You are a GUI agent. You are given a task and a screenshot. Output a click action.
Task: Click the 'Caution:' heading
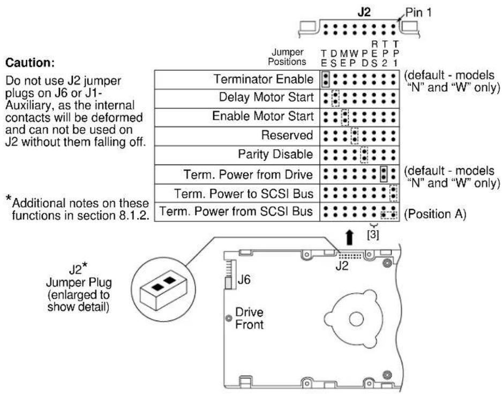click(x=30, y=63)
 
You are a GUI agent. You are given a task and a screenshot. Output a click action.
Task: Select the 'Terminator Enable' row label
click(x=264, y=79)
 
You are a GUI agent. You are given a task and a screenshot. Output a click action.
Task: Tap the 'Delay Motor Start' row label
click(x=266, y=97)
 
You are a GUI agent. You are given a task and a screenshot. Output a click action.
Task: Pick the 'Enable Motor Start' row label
click(x=263, y=116)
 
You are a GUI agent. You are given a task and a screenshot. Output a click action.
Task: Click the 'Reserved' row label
click(x=287, y=135)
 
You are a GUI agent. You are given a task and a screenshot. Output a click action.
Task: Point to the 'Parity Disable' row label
click(x=275, y=154)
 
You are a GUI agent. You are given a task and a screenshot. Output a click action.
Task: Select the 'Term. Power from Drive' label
click(x=248, y=174)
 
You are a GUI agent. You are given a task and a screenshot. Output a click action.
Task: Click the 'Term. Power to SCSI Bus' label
click(x=244, y=194)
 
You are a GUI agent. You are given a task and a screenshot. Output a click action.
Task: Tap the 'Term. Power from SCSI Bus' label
click(x=236, y=211)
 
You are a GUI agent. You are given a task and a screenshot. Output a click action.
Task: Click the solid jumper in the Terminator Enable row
click(x=325, y=79)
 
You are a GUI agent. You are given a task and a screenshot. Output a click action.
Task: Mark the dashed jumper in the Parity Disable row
click(x=364, y=155)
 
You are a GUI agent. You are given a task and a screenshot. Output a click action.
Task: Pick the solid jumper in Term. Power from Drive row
click(x=384, y=174)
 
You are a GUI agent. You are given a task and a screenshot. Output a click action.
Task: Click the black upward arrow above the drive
click(x=350, y=237)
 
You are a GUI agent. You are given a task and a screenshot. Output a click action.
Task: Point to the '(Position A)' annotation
click(x=435, y=214)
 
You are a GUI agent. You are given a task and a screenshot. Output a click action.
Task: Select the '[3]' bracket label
click(x=373, y=235)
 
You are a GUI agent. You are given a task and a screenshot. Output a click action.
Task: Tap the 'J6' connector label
click(x=244, y=280)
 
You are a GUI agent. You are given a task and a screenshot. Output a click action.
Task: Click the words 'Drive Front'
click(x=249, y=318)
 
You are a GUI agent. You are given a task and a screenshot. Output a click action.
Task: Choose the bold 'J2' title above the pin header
click(x=364, y=12)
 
